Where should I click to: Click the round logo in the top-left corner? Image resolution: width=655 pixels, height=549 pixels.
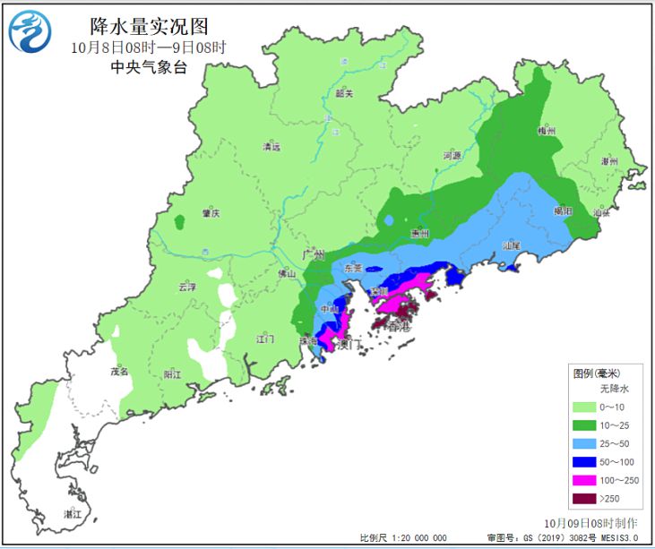pos(30,33)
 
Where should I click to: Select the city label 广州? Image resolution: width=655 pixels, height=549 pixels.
pos(313,255)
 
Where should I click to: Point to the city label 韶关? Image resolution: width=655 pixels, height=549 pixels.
pos(344,93)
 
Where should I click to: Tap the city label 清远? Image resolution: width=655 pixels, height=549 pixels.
pos(271,146)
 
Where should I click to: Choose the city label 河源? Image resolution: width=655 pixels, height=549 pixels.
pos(452,156)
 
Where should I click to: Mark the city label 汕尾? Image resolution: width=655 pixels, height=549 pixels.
pos(511,244)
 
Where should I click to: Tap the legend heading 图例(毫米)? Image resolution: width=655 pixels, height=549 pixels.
pos(597,373)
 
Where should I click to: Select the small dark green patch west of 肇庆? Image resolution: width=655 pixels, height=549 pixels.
pos(179,219)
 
